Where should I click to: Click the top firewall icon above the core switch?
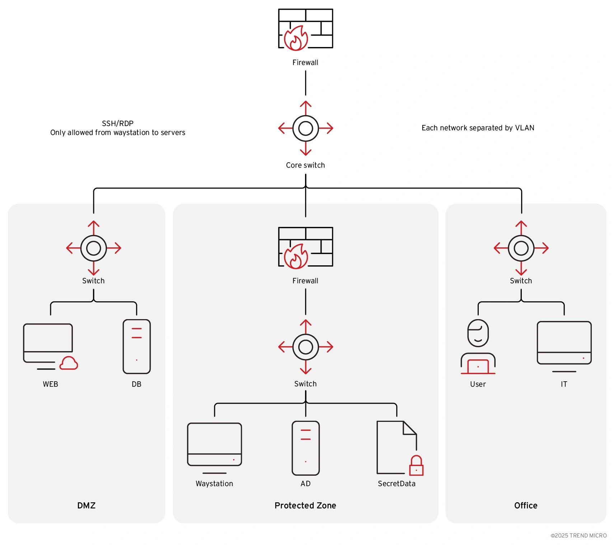305,29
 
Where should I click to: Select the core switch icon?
305,128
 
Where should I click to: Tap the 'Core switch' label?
305,165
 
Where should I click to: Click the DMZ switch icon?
93,248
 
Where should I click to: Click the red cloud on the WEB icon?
69,363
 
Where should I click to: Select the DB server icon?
136,346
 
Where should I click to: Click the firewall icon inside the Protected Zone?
305,247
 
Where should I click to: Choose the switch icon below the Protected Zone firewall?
305,347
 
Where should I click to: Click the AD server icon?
305,448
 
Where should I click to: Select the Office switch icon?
521,248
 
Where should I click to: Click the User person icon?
478,346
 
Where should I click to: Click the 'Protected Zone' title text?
305,506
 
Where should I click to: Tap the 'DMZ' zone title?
86,506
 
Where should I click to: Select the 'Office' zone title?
526,506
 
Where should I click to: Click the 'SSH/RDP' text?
118,124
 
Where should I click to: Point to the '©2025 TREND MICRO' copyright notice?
578,535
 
